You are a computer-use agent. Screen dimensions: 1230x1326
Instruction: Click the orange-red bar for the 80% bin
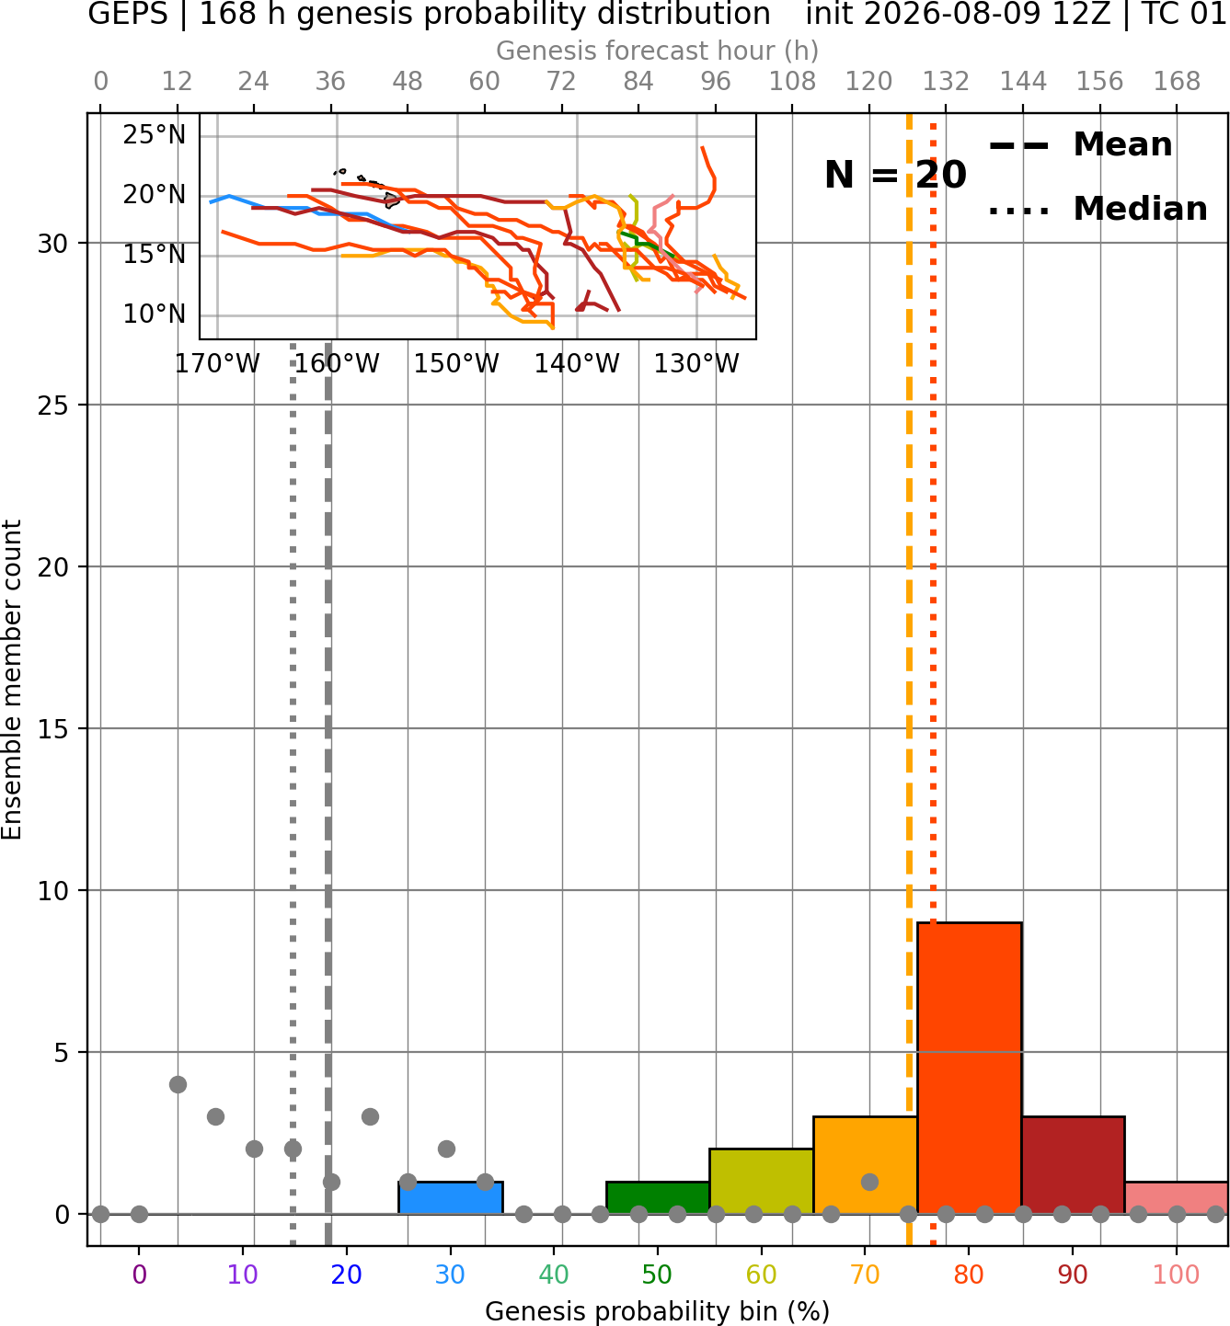[969, 1068]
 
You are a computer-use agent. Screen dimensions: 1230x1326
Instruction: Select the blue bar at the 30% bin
[450, 1197]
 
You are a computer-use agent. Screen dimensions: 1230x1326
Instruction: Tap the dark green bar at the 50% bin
[658, 1197]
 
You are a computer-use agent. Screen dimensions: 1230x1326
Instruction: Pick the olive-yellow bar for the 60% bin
[761, 1181]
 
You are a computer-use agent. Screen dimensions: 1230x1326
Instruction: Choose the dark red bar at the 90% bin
[1073, 1165]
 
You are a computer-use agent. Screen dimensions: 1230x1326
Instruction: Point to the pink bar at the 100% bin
[1177, 1197]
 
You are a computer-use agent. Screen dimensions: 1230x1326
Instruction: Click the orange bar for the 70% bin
[865, 1165]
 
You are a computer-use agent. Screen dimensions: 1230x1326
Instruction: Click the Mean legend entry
[1080, 145]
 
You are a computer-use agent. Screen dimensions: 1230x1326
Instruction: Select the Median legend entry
[1098, 209]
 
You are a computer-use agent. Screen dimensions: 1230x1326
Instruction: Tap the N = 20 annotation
[895, 175]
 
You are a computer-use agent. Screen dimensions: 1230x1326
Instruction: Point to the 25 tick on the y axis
[52, 406]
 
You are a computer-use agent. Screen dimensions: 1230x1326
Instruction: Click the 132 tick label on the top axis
[946, 82]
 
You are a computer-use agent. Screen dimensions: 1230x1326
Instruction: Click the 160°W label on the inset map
[337, 364]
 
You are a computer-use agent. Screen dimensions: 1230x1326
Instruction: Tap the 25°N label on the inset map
[154, 135]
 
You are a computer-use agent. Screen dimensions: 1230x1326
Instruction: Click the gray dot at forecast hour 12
[178, 1084]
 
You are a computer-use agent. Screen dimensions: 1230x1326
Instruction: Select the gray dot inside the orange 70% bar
[869, 1182]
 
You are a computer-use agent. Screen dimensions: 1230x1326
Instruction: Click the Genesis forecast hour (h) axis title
[658, 51]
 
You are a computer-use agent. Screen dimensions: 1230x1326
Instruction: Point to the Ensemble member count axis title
[12, 680]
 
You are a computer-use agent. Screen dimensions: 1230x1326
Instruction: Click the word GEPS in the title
[128, 14]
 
